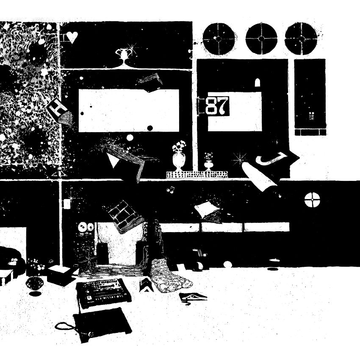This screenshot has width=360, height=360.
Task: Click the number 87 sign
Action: [217, 106]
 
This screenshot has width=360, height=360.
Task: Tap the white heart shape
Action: [72, 38]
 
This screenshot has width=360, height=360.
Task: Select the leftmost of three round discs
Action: [219, 38]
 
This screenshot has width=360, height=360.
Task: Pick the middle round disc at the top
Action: [261, 38]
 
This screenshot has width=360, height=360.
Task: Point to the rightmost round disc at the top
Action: [301, 38]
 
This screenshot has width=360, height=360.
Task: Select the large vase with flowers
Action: [179, 157]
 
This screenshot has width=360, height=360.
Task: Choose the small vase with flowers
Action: [208, 162]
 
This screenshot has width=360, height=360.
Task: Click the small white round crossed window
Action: [312, 199]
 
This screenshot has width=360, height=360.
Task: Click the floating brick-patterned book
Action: [124, 216]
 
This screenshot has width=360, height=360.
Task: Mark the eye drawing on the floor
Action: [192, 296]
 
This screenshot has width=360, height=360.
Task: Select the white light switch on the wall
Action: [66, 204]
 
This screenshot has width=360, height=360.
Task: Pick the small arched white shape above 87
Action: [256, 83]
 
